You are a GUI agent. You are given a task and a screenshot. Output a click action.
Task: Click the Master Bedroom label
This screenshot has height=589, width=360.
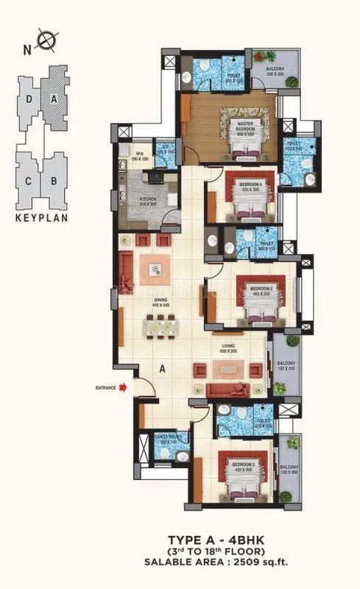241,124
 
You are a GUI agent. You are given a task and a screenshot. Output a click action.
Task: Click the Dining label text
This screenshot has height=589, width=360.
160,300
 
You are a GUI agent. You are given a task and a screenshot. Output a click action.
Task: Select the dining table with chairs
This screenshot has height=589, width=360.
160,324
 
